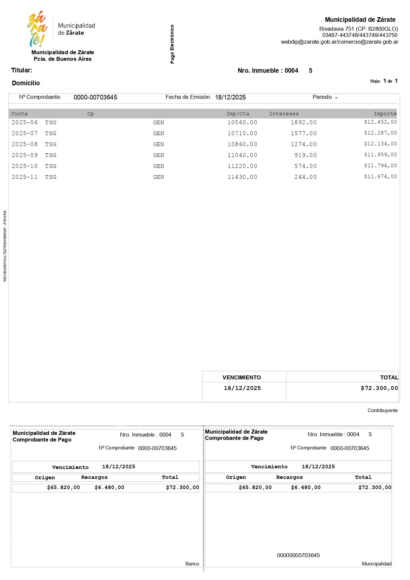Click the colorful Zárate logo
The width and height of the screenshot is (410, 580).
[37, 29]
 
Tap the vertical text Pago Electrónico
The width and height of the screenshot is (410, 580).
[172, 44]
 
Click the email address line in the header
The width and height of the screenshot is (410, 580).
[339, 42]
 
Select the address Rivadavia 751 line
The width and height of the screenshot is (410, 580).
[358, 29]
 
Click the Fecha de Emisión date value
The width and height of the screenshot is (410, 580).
[230, 97]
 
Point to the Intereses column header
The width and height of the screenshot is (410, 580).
[284, 114]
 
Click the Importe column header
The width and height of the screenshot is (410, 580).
[385, 114]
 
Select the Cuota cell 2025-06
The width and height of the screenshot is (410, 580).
[25, 123]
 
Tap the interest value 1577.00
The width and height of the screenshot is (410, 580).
[304, 134]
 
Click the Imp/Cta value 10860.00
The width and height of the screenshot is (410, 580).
[242, 144]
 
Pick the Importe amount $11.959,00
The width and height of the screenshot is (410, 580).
[380, 155]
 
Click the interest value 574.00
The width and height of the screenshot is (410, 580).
[306, 166]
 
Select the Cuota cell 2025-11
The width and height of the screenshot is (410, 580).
[25, 177]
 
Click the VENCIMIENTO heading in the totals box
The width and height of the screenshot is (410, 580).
[242, 377]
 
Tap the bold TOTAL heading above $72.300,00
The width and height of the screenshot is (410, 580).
[389, 377]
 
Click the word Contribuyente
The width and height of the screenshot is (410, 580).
[383, 410]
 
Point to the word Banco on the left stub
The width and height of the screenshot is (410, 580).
[192, 564]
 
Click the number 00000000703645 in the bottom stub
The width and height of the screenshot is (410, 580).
[298, 555]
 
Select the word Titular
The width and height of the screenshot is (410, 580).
[21, 70]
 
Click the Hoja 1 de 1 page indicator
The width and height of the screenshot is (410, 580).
[384, 81]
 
